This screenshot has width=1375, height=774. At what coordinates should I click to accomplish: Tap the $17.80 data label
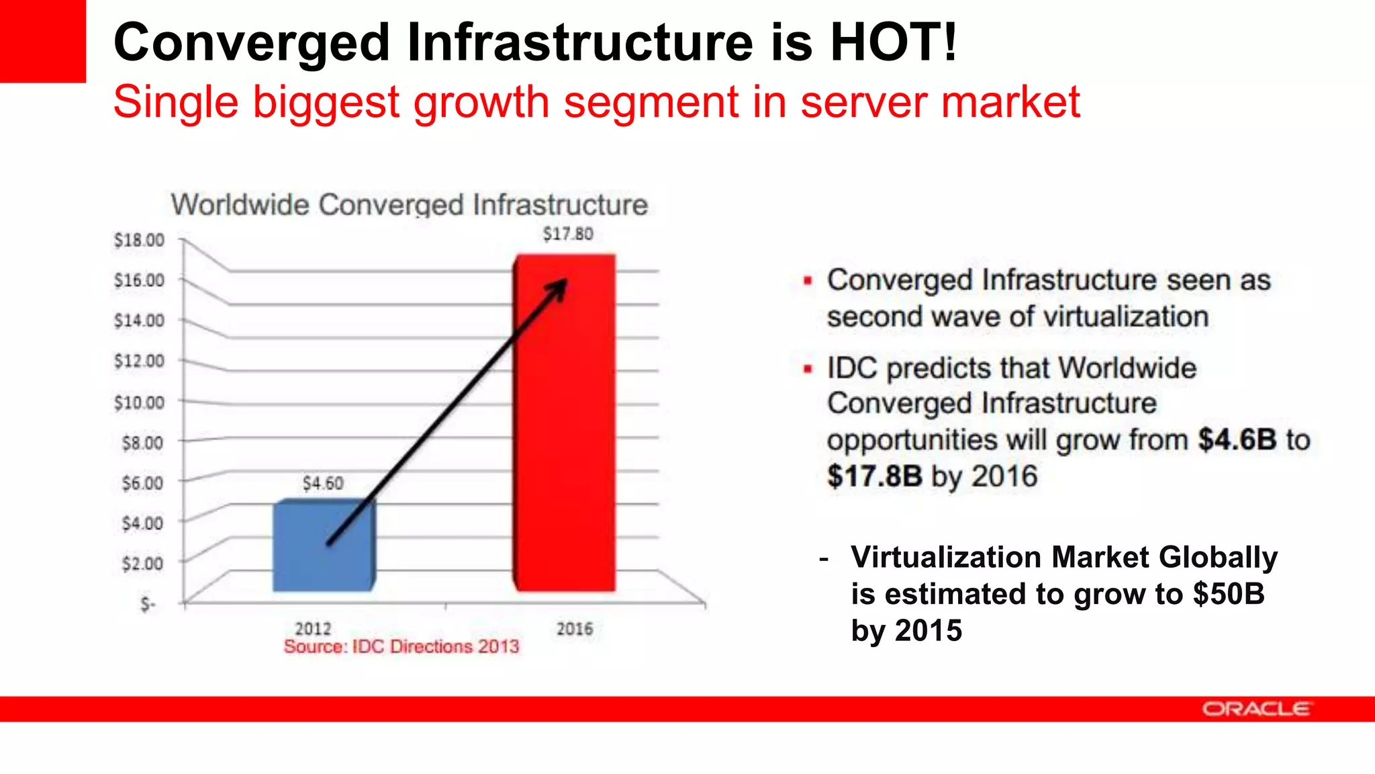(568, 234)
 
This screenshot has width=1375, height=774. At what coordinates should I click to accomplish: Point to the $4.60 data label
(322, 483)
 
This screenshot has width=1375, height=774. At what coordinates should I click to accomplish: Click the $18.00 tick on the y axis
(139, 240)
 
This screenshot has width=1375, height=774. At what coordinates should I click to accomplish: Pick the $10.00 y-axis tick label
(139, 402)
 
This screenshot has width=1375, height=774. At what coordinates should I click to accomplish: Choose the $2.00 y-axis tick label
(142, 563)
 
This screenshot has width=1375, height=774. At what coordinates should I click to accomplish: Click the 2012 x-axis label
(313, 629)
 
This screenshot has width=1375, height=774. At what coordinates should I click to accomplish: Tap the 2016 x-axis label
(575, 629)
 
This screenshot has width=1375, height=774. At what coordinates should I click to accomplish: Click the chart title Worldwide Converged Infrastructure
(409, 205)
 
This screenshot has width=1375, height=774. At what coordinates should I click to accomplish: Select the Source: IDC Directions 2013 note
(401, 646)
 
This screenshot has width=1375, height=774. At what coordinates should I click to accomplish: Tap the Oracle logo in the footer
(1255, 709)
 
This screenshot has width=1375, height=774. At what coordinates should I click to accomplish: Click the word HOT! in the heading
(894, 42)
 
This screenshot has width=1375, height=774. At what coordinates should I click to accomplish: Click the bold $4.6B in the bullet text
(1237, 439)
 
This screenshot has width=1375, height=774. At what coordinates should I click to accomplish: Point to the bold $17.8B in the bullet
(874, 476)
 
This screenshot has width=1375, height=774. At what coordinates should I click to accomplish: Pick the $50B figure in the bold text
(1228, 594)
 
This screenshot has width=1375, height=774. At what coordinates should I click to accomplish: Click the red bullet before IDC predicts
(808, 369)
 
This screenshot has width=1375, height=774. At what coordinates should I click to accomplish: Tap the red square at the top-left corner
(42, 41)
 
